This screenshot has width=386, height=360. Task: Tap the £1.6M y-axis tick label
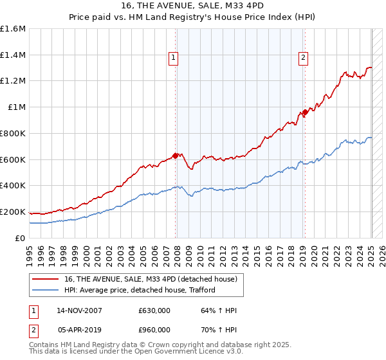coord(12,29)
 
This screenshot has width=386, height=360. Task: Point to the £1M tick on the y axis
coord(15,107)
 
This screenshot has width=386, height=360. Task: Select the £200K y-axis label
coord(12,212)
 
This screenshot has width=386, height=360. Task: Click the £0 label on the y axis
coord(20,238)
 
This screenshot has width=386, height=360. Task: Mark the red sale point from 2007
coord(176,155)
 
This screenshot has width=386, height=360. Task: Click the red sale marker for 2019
coord(305,113)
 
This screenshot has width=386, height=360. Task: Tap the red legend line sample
coord(46,279)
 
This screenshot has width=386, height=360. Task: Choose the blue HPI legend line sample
coord(46,290)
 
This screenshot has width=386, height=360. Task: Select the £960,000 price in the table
coord(154,330)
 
